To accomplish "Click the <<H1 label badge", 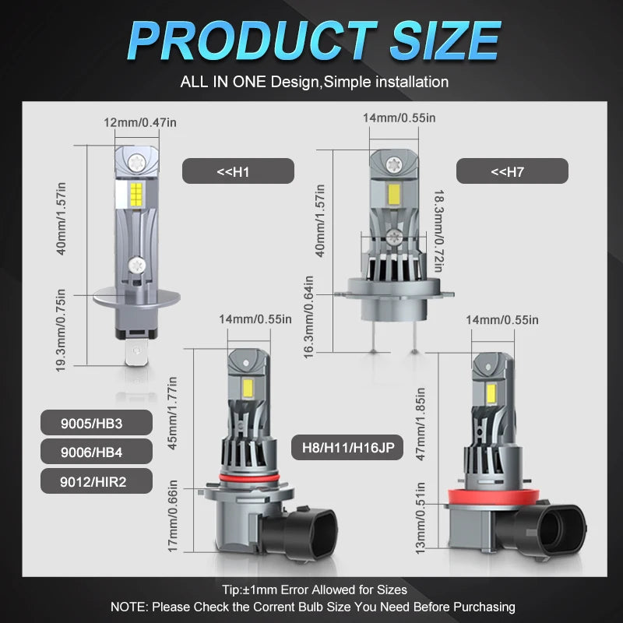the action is click(x=238, y=171).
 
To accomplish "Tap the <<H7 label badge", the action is click(x=512, y=171).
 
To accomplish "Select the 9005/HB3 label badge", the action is click(x=96, y=423).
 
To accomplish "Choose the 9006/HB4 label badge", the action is click(x=96, y=452).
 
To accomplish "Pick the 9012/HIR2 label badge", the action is click(x=96, y=481).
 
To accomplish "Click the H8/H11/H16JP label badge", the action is click(x=347, y=447).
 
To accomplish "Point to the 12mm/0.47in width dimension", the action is click(x=140, y=122).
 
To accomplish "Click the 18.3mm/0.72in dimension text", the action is click(x=438, y=231).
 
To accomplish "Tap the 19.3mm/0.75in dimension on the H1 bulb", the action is click(x=61, y=330).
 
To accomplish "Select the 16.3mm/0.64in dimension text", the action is click(x=308, y=317).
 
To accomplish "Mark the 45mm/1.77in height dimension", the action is click(x=172, y=414).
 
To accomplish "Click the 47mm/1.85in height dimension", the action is click(x=421, y=424).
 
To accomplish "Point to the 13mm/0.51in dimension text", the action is click(x=421, y=518).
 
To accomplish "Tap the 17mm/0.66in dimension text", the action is click(x=172, y=516).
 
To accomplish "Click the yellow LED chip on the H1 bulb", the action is click(x=136, y=195).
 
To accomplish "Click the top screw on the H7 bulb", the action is click(x=394, y=163).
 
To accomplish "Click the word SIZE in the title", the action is click(x=445, y=40).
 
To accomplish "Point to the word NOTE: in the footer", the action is click(x=129, y=607).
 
